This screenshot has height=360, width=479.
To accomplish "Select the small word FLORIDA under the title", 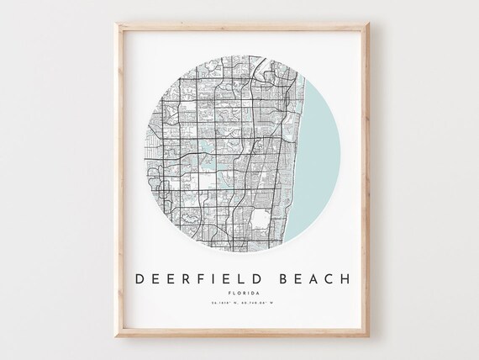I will point(239,294).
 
